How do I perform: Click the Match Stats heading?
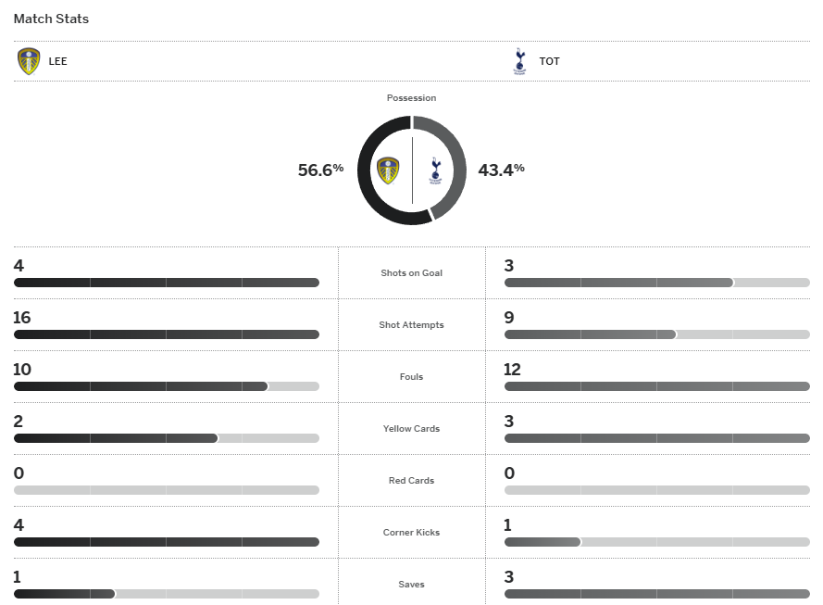tap(51, 19)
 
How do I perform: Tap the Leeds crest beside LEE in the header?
tap(29, 61)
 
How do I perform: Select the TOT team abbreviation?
tap(549, 61)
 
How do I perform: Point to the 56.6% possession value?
tap(320, 170)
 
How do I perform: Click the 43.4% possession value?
tap(501, 170)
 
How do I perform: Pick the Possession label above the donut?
tap(411, 97)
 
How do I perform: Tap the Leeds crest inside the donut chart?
tap(389, 170)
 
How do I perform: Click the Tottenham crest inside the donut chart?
tap(435, 170)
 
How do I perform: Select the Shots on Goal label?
tap(411, 273)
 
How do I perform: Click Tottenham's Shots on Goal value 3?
tap(509, 266)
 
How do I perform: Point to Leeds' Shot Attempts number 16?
tap(22, 318)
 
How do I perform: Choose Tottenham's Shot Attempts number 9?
tap(509, 318)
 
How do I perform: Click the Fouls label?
tap(411, 377)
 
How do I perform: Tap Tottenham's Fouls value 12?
tap(512, 370)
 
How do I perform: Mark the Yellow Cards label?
tap(411, 429)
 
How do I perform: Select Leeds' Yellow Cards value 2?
tap(19, 422)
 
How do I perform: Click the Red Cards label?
tap(411, 481)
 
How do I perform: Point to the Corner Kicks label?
tap(411, 533)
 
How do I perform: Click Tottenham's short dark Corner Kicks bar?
tap(542, 542)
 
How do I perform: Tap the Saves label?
tap(411, 585)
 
